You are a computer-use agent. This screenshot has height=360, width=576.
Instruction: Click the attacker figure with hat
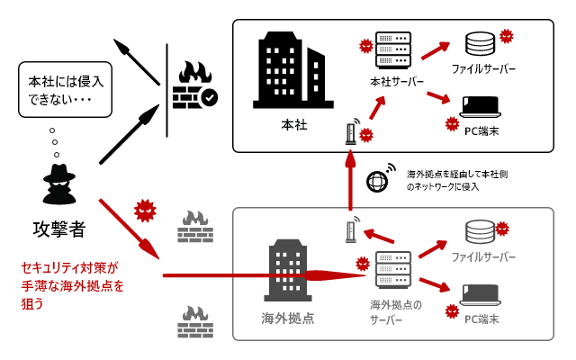click(58, 184)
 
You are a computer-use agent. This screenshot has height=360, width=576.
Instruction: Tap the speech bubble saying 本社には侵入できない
click(66, 89)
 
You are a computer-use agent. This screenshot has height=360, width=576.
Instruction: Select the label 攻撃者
click(58, 229)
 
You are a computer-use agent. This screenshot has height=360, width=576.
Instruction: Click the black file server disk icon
click(480, 43)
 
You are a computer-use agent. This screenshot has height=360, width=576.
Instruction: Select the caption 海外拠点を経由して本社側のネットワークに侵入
click(456, 180)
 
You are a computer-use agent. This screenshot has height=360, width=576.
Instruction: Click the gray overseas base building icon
click(287, 270)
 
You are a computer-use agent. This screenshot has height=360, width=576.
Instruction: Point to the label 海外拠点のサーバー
click(395, 311)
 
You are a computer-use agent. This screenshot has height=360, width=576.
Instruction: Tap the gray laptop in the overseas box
click(481, 295)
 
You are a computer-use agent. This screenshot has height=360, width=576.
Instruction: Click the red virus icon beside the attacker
click(145, 211)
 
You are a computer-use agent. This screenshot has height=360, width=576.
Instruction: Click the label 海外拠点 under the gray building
click(288, 318)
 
